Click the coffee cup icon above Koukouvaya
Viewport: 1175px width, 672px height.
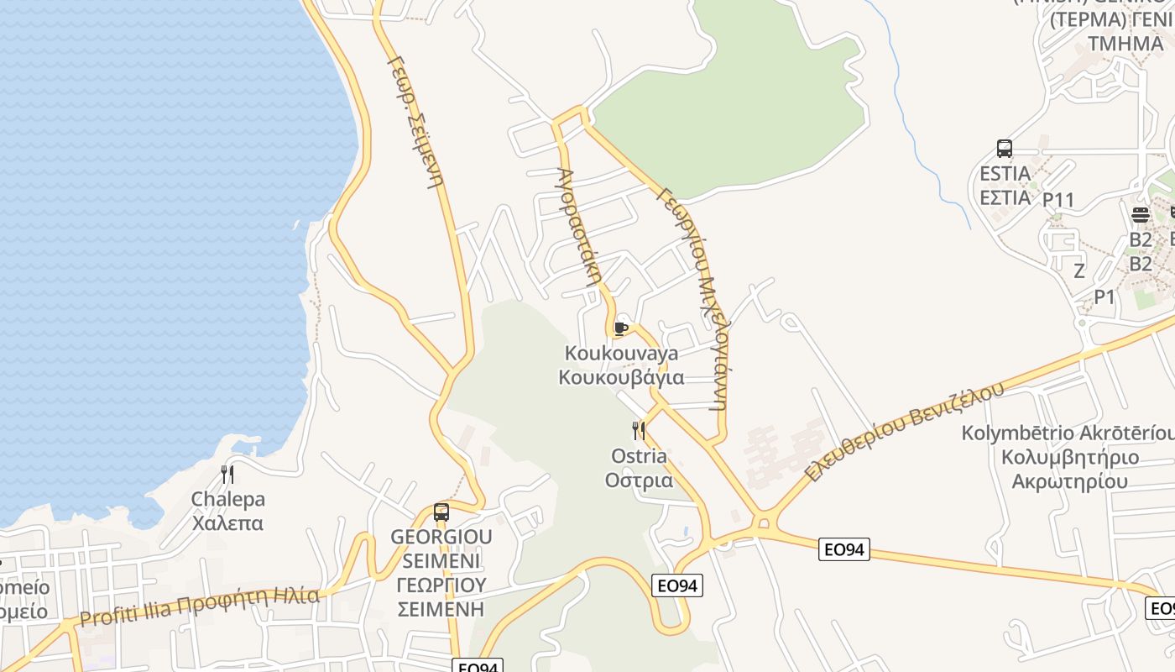tap(620, 328)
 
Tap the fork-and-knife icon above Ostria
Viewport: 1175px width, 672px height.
tap(639, 431)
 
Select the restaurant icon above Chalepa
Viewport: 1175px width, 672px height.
tap(227, 474)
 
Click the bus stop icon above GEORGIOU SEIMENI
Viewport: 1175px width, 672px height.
tap(441, 512)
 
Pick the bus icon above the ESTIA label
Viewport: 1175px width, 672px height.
tap(1005, 149)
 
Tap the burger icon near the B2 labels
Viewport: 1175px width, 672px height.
tap(1140, 214)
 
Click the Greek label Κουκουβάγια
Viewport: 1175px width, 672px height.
tap(621, 377)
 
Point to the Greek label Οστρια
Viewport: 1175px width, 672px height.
tap(639, 480)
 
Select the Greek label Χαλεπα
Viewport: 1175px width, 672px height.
tap(227, 523)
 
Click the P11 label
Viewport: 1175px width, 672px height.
tap(1058, 200)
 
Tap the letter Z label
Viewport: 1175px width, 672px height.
tap(1079, 270)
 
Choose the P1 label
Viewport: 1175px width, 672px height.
tap(1104, 297)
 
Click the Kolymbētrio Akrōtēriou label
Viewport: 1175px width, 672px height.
tap(1068, 433)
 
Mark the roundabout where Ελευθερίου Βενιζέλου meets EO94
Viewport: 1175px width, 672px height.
tap(762, 524)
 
